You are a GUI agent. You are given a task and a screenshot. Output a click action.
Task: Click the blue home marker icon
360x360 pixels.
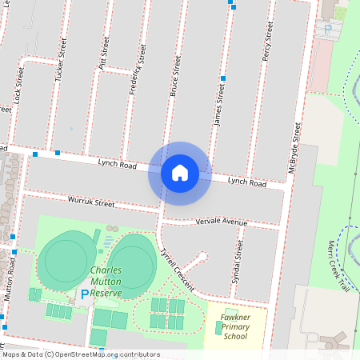tap(179, 173)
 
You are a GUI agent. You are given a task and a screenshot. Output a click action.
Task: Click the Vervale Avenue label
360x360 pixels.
tap(222, 221)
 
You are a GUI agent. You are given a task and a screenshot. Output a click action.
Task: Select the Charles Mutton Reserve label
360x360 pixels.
tap(106, 282)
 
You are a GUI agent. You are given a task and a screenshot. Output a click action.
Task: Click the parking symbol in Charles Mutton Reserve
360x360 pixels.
tap(85, 294)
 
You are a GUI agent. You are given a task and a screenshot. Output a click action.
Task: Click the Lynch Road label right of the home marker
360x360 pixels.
tap(246, 182)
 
